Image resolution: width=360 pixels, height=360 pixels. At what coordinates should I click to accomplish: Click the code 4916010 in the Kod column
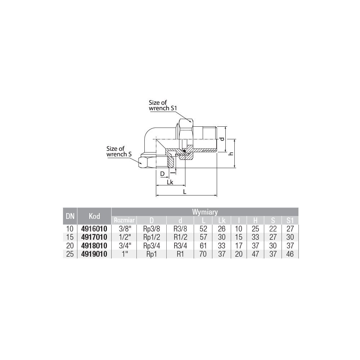(94, 229)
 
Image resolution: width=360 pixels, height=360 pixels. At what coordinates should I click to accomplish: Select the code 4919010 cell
(94, 254)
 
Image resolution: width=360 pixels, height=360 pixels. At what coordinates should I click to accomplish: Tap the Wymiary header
(205, 212)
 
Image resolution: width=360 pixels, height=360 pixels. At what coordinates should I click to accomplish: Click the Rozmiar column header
(124, 220)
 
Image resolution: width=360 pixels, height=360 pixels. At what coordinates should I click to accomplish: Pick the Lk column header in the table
(221, 220)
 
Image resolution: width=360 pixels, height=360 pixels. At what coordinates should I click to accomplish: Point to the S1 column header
(290, 220)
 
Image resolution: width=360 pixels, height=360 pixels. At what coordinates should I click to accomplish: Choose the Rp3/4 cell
(152, 246)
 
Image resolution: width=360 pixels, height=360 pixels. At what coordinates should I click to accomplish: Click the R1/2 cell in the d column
(180, 237)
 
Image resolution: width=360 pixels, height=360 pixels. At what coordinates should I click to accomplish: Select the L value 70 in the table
(203, 254)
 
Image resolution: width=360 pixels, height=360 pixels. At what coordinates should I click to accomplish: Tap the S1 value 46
(290, 254)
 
